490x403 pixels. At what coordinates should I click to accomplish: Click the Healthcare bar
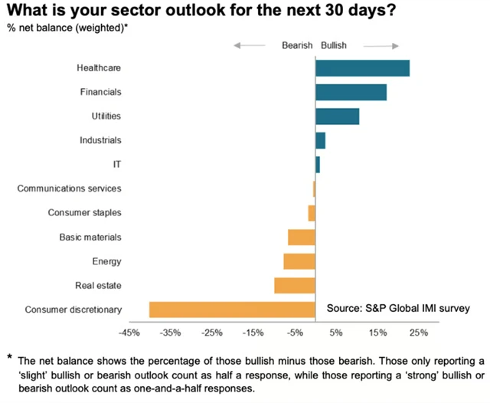point(362,68)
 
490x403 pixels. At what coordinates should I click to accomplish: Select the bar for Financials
point(351,92)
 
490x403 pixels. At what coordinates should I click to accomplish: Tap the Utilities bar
point(337,116)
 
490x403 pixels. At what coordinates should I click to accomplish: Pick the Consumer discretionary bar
point(232,310)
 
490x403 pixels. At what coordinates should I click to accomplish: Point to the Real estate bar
point(295,285)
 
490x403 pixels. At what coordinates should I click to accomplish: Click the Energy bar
point(299,261)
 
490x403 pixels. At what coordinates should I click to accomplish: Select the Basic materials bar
point(302,237)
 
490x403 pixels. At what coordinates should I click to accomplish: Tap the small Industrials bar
point(320,140)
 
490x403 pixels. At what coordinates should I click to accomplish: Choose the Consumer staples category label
point(84,213)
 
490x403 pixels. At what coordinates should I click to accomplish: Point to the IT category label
point(116,165)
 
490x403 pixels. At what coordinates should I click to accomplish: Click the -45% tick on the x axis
point(129,333)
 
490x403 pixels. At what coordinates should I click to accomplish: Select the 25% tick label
point(419,333)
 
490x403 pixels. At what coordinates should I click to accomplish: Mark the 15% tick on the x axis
point(377,333)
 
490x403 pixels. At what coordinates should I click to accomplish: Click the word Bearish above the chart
point(298,45)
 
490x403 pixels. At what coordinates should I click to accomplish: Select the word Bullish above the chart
point(333,45)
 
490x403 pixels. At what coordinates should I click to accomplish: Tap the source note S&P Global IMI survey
point(398,308)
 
